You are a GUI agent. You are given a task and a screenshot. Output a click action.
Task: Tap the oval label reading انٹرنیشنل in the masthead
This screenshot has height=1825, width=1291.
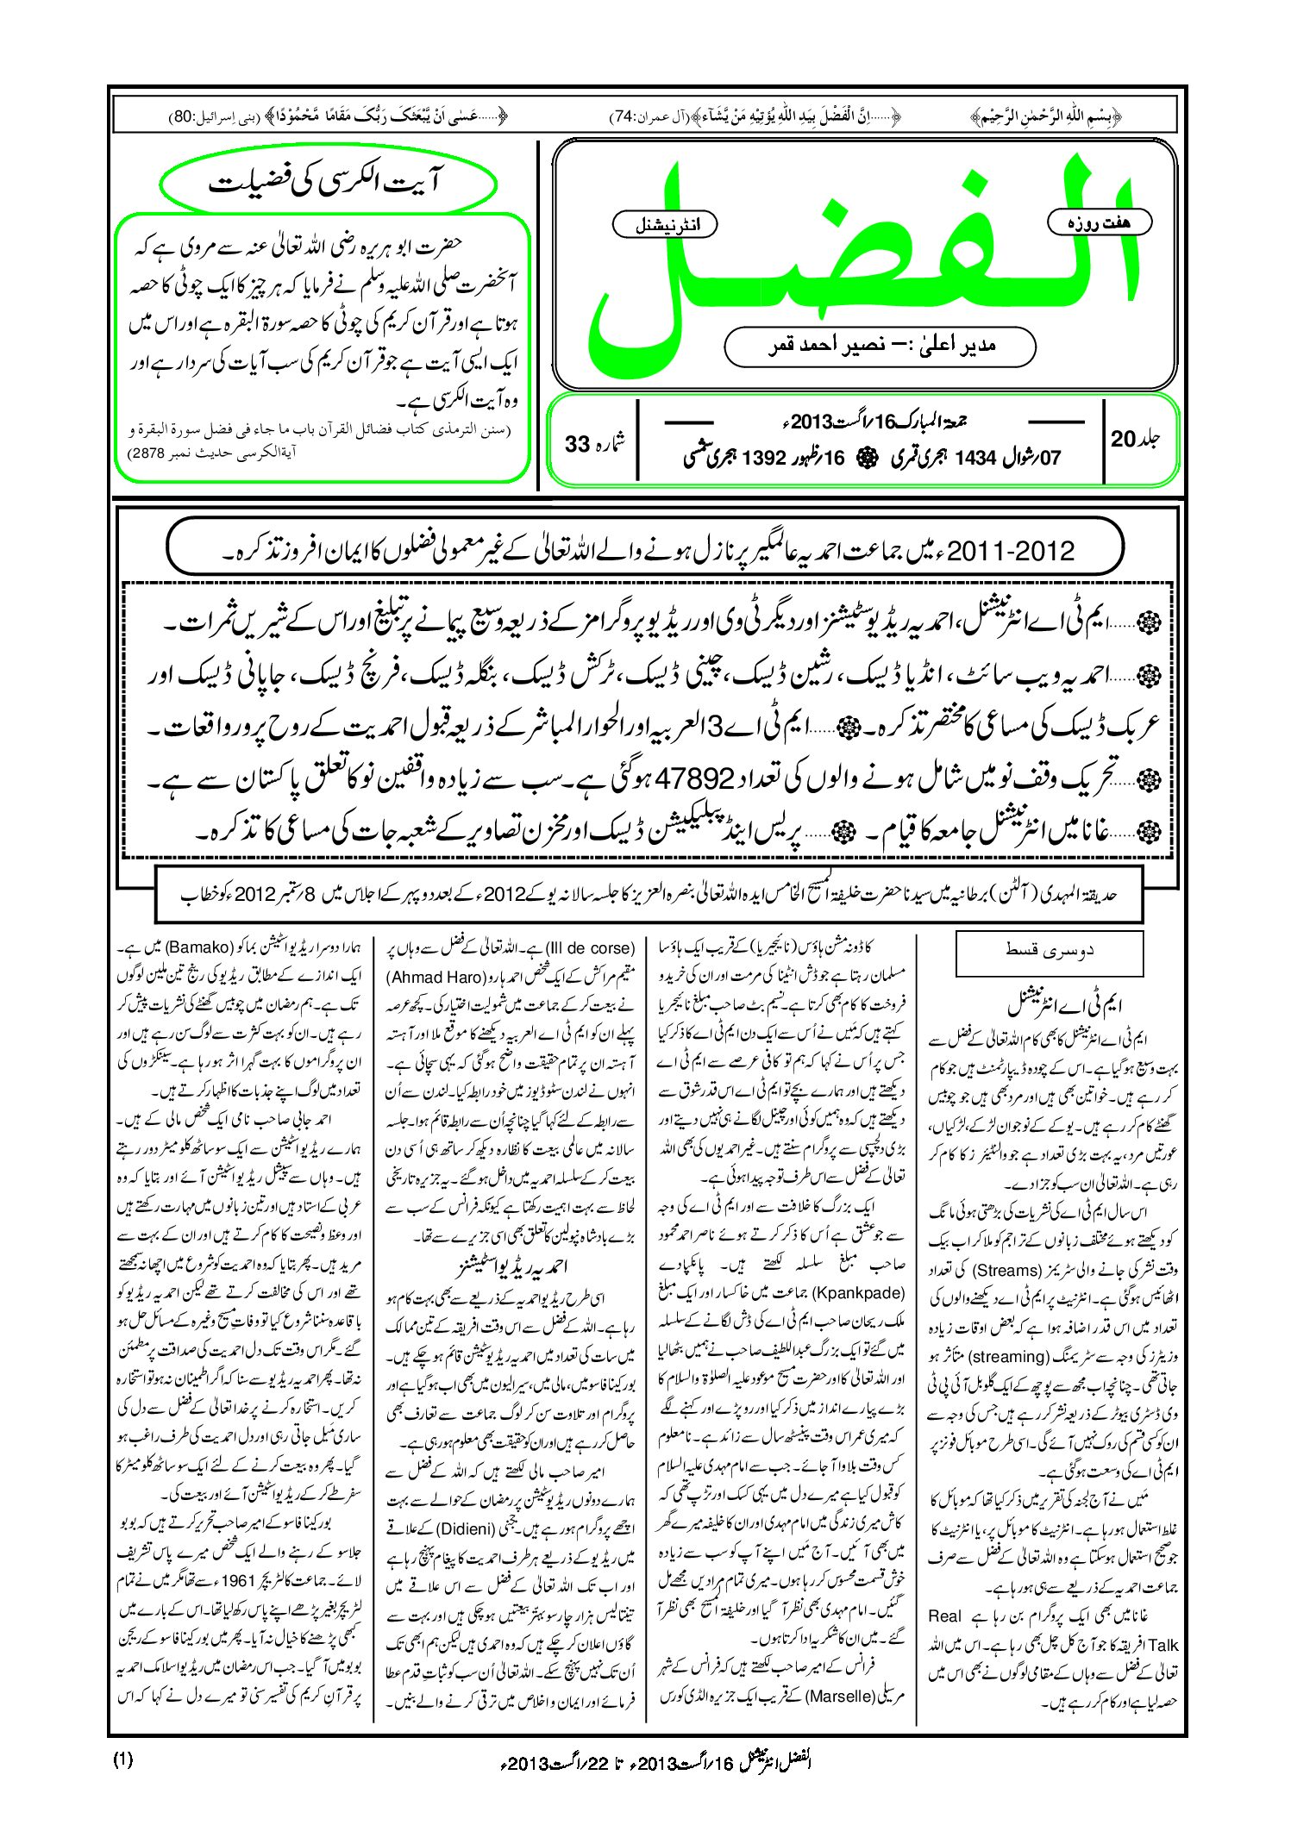coord(664,225)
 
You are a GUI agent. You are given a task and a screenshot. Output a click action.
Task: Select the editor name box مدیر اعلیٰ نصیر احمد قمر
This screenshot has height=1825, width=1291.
coord(880,346)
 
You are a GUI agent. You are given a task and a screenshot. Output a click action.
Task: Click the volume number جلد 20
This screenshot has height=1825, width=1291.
coord(1135,440)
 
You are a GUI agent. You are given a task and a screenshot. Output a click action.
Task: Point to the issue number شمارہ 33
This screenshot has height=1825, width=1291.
coord(595,443)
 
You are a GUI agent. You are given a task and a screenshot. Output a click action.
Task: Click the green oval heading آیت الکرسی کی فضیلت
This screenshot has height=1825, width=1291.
coord(329,184)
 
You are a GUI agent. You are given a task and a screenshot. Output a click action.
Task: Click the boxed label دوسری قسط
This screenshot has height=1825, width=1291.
coord(1049,952)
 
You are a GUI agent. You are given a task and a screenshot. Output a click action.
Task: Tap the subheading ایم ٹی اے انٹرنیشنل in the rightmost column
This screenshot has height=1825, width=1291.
coord(1066,1004)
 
